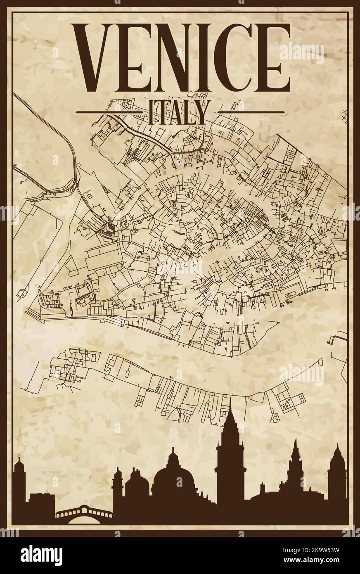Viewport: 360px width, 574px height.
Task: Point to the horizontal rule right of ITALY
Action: pyautogui.click(x=251, y=112)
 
